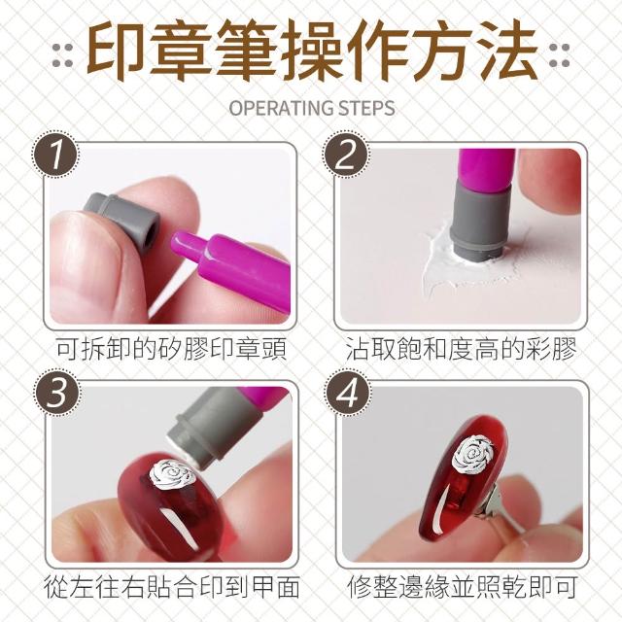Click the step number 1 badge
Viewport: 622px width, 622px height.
pyautogui.click(x=55, y=155)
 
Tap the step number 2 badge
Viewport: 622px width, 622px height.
pyautogui.click(x=346, y=155)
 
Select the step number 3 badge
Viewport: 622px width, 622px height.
pyautogui.click(x=57, y=393)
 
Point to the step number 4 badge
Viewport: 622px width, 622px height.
pyautogui.click(x=348, y=393)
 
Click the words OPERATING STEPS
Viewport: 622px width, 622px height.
pyautogui.click(x=312, y=108)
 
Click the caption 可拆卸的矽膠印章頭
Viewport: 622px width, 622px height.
pyautogui.click(x=171, y=349)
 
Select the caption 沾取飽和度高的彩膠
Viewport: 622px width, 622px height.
pyautogui.click(x=461, y=349)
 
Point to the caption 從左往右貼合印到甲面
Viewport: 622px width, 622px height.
pyautogui.click(x=171, y=587)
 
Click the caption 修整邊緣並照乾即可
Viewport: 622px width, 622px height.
pyautogui.click(x=462, y=587)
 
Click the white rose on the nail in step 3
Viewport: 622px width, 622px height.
pyautogui.click(x=173, y=475)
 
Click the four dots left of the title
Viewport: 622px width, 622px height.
pyautogui.click(x=62, y=55)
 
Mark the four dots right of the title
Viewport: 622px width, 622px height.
pyautogui.click(x=559, y=55)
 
